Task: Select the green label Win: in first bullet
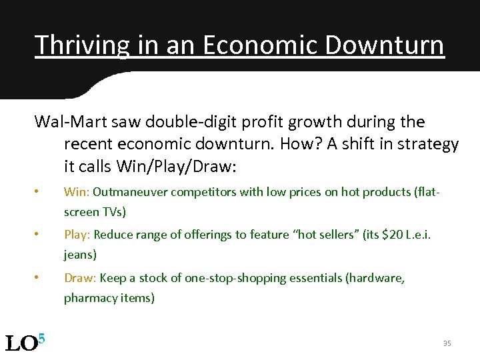coord(77,192)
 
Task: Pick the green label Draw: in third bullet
coord(79,277)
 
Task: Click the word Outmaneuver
coord(131,192)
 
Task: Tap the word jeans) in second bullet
coord(80,255)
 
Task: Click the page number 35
coord(447,343)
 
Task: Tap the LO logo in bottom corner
coord(24,342)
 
